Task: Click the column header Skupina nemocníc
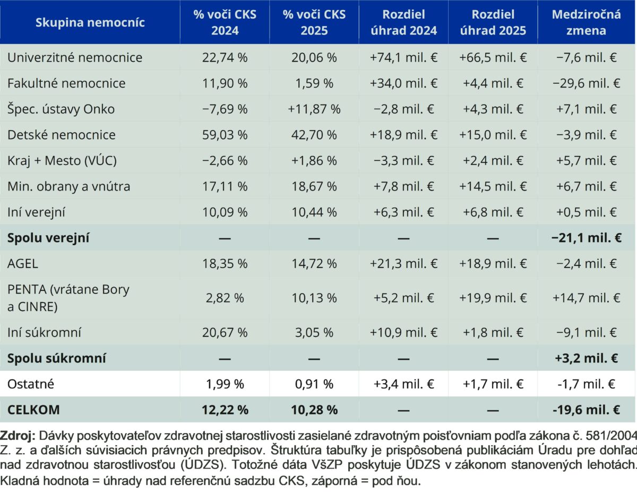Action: pyautogui.click(x=90, y=22)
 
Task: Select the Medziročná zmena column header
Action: pyautogui.click(x=586, y=22)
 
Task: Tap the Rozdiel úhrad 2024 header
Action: pyautogui.click(x=404, y=22)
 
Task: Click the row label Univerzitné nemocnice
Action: pyautogui.click(x=75, y=57)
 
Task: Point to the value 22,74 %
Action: pyautogui.click(x=225, y=57)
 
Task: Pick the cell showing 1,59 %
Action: pyautogui.click(x=314, y=83)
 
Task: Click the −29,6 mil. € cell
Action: pyautogui.click(x=586, y=83)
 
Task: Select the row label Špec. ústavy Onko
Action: pyautogui.click(x=61, y=109)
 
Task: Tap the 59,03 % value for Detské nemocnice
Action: pyautogui.click(x=225, y=135)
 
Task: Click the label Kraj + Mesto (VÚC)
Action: pyautogui.click(x=62, y=161)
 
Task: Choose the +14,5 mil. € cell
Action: pyautogui.click(x=493, y=186)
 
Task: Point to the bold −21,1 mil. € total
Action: pyautogui.click(x=586, y=238)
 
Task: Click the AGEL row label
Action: pyautogui.click(x=23, y=264)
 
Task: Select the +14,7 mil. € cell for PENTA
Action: pyautogui.click(x=586, y=298)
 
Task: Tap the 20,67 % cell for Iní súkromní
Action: pyautogui.click(x=225, y=332)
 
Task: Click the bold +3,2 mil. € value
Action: pyautogui.click(x=586, y=358)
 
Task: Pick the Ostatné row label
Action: pyautogui.click(x=31, y=384)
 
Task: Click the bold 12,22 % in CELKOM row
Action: pyautogui.click(x=225, y=410)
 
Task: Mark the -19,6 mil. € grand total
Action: pyautogui.click(x=586, y=410)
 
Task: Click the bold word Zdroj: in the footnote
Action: pyautogui.click(x=18, y=435)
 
